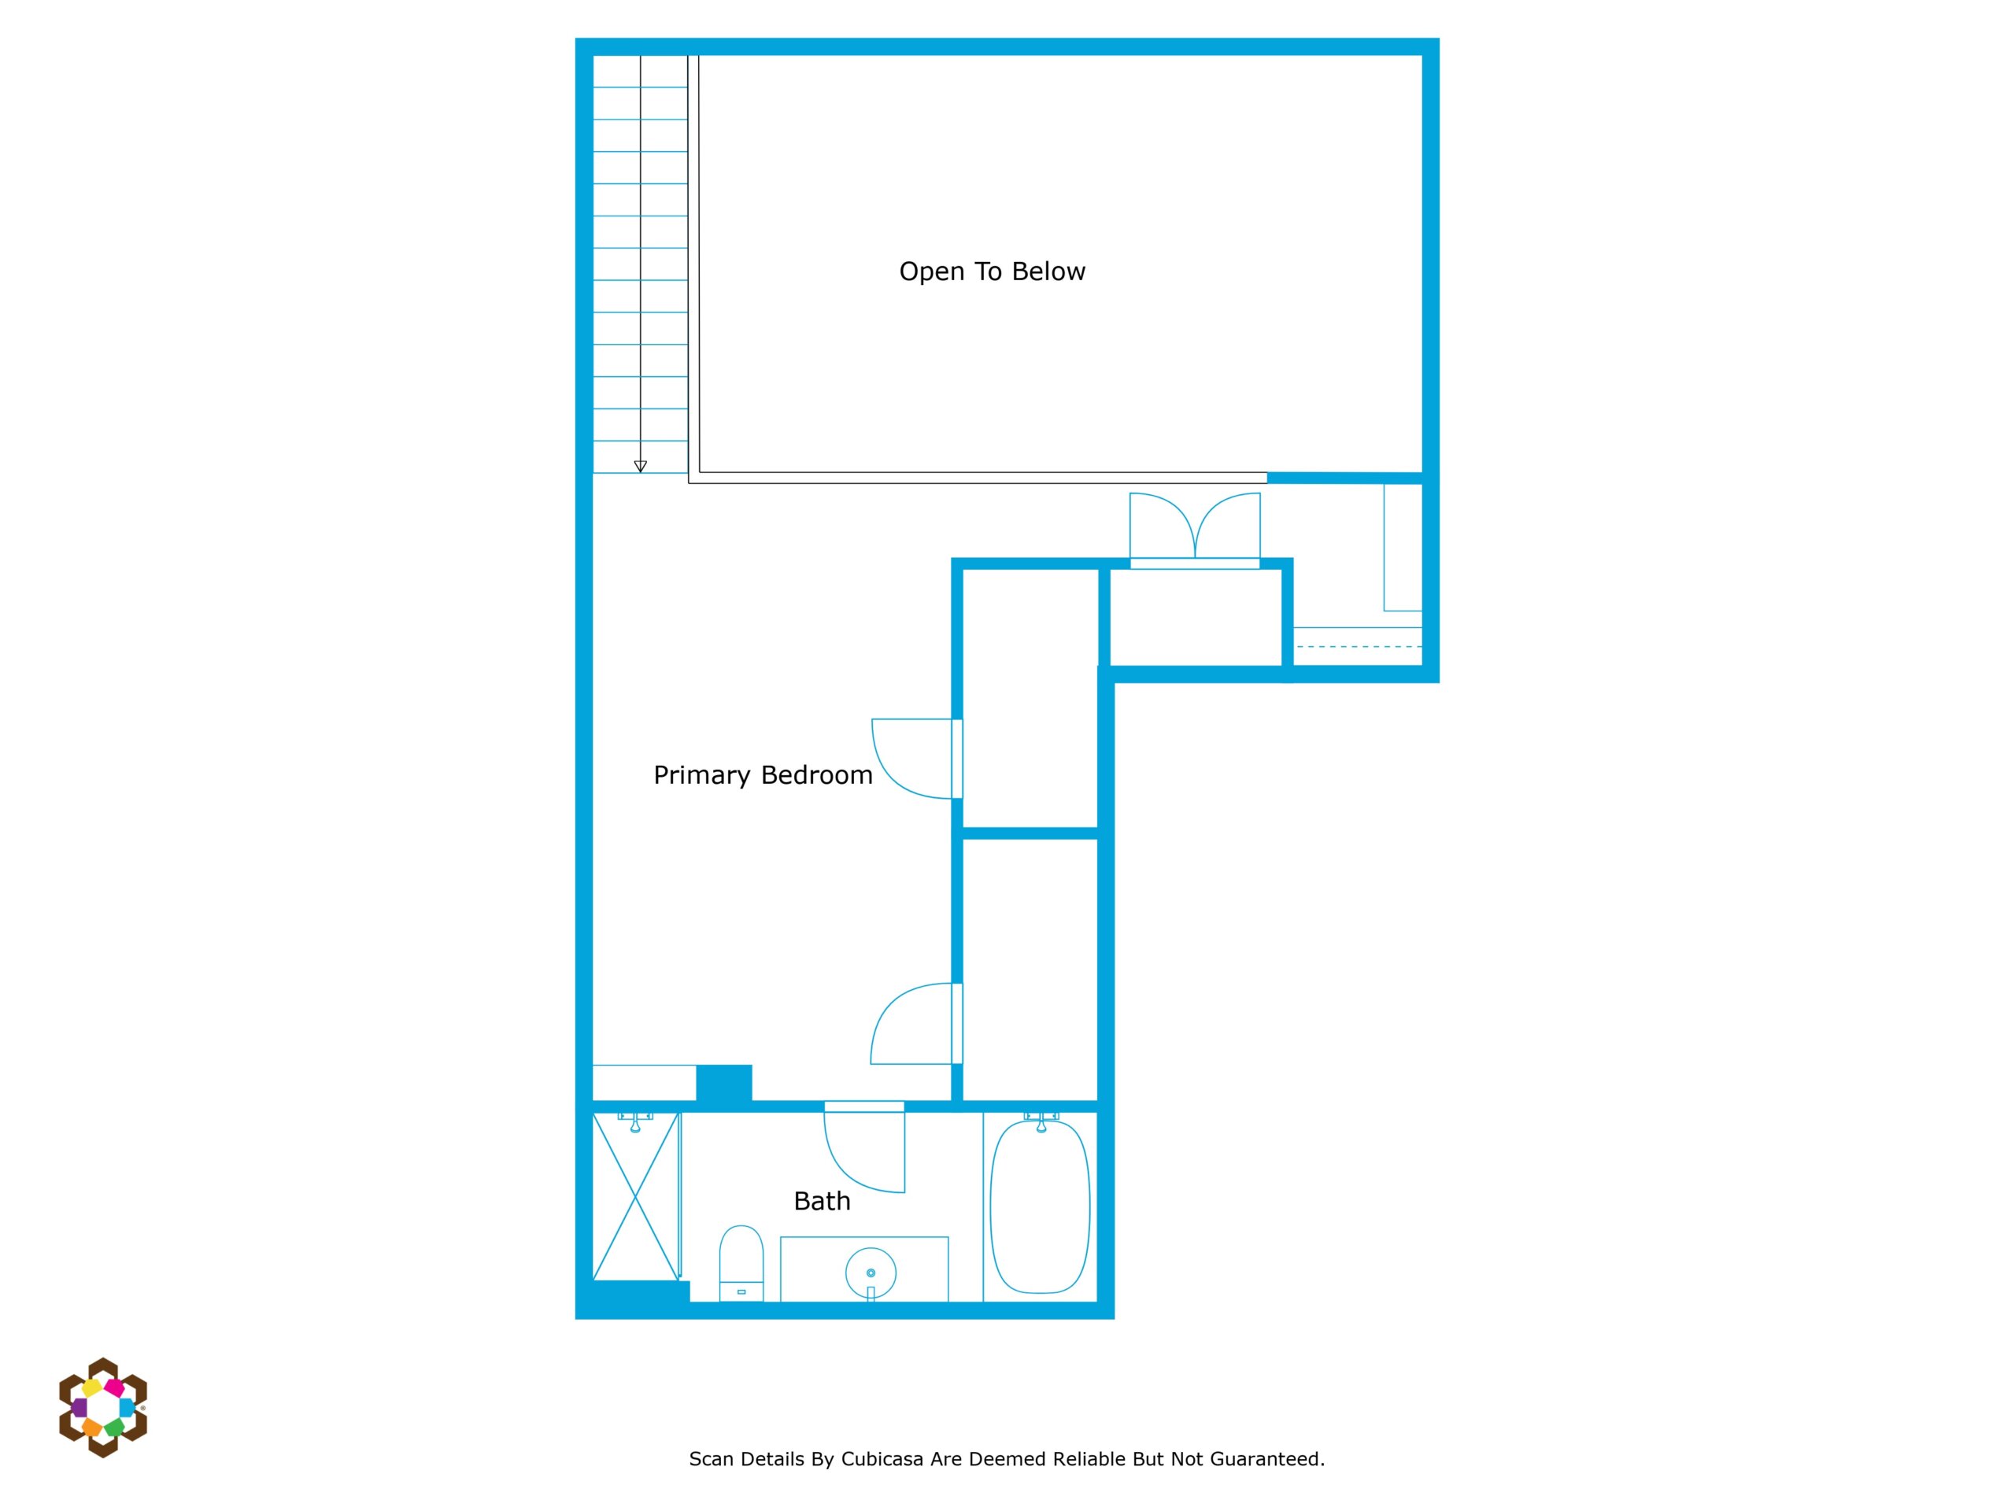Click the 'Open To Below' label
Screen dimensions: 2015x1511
pos(992,272)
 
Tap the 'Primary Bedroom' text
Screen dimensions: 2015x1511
pos(763,775)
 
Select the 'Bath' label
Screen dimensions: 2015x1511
pos(822,1202)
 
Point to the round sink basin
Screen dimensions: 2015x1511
pos(871,1273)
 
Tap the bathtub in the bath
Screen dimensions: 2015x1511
pos(1041,1206)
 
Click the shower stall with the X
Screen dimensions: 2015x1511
pos(636,1196)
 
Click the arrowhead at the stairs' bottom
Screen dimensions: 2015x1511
pos(641,467)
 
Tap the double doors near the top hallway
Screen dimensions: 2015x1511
pos(1195,531)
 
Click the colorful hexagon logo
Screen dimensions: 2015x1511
pos(103,1407)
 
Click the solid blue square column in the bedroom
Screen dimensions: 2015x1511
pos(724,1084)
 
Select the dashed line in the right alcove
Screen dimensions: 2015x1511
pos(1359,647)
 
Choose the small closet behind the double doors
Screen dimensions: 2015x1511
pos(1195,618)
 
